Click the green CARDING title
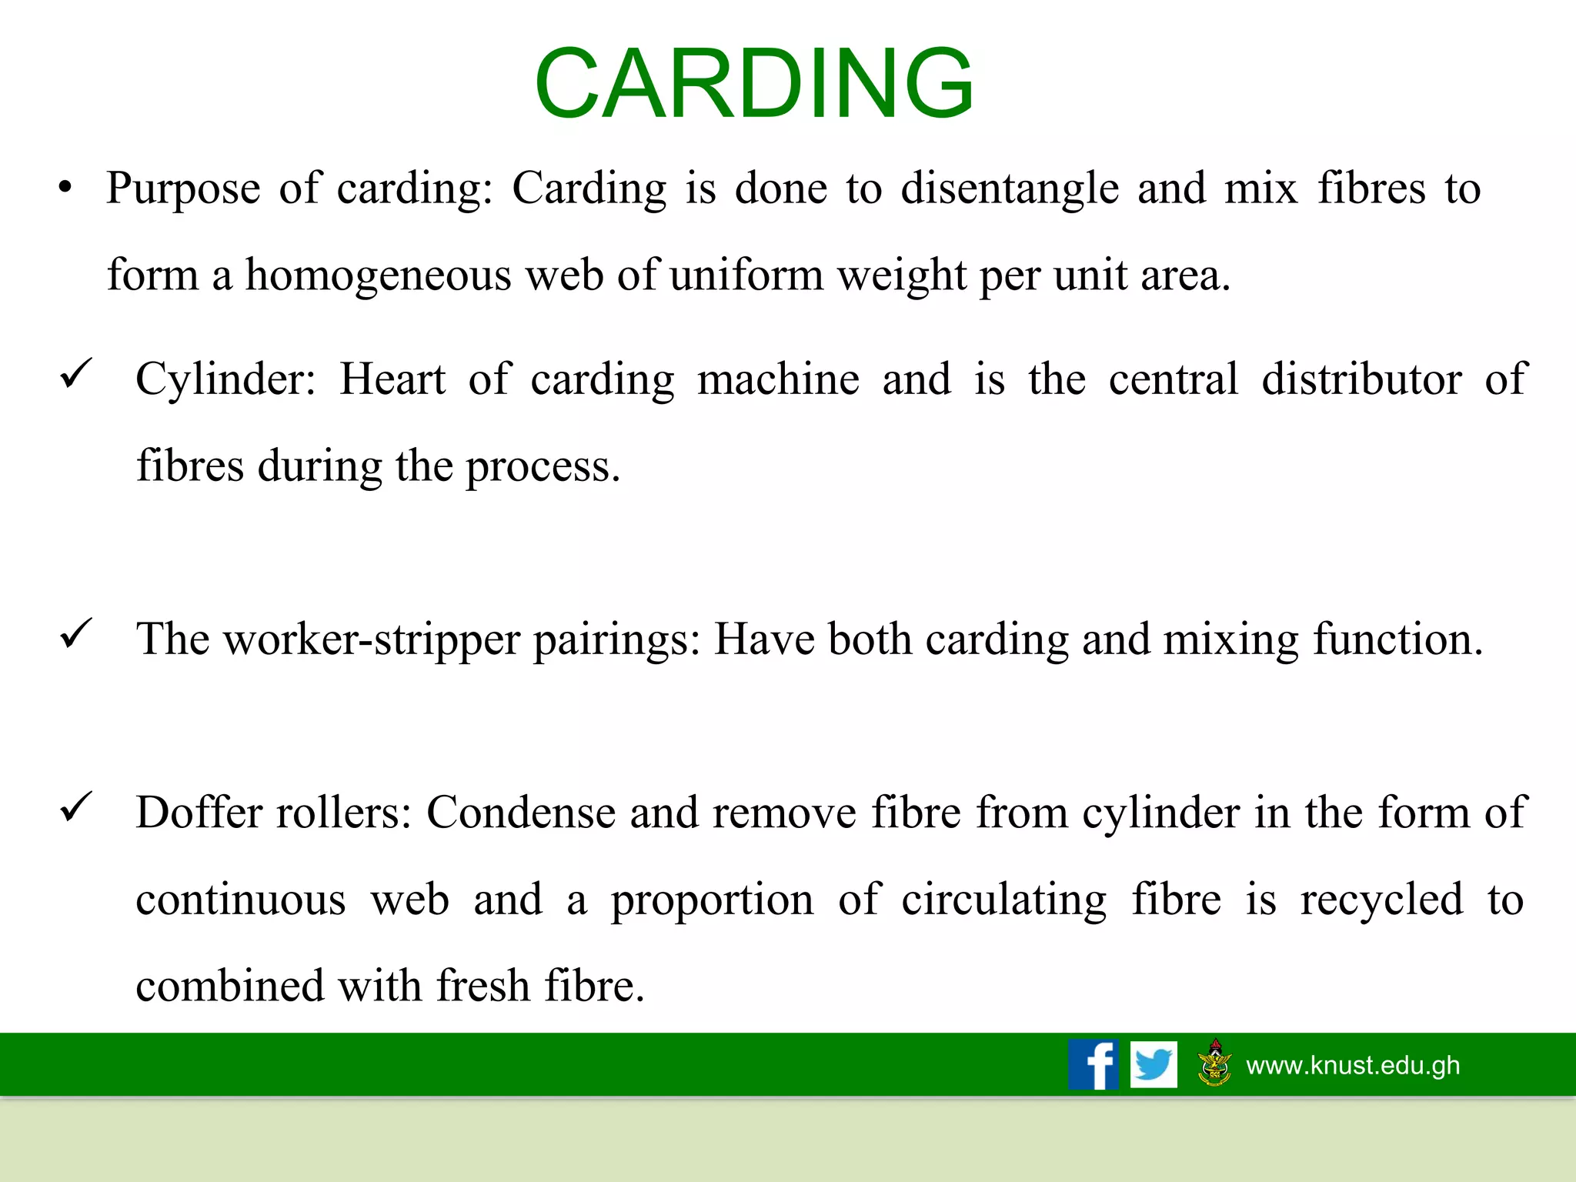[x=754, y=83]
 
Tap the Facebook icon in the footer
[x=1093, y=1064]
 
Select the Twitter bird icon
[x=1154, y=1064]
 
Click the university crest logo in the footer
[x=1215, y=1063]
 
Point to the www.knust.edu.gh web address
[x=1353, y=1065]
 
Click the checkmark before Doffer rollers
[x=76, y=807]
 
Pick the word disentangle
[x=1010, y=189]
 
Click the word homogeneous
[x=378, y=275]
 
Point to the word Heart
[x=392, y=379]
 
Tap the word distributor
[x=1361, y=379]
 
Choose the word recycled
[x=1381, y=900]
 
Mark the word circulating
[x=1003, y=900]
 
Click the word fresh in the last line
[x=483, y=986]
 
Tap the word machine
[x=778, y=379]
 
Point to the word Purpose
[x=183, y=189]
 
